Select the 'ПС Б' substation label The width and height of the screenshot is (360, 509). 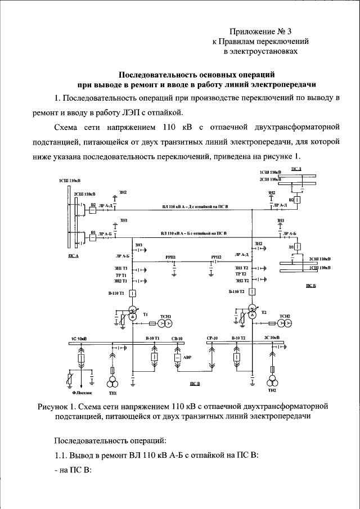(x=311, y=286)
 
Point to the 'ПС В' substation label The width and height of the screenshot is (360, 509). (x=195, y=384)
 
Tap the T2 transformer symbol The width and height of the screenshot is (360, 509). (x=253, y=312)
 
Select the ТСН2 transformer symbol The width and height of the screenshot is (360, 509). (x=285, y=323)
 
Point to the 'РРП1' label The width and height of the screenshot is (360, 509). (x=170, y=256)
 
